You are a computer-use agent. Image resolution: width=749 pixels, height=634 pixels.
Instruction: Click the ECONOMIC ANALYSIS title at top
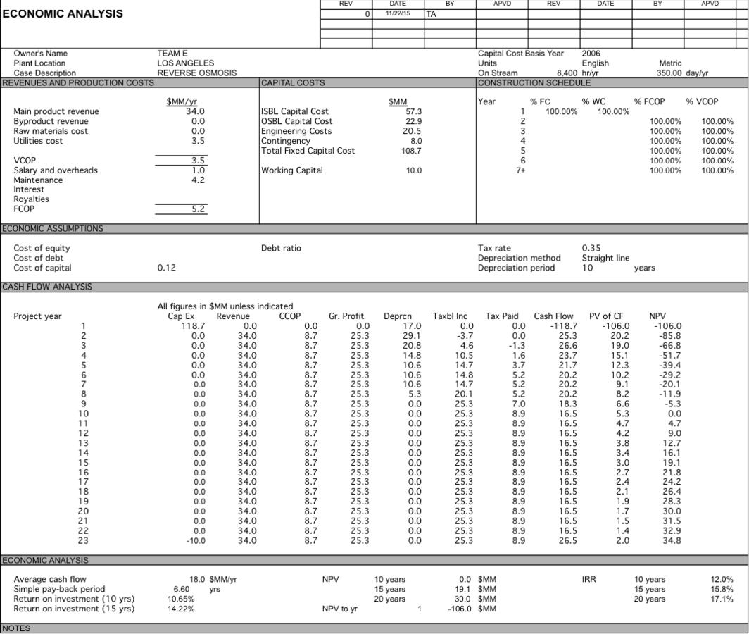[63, 14]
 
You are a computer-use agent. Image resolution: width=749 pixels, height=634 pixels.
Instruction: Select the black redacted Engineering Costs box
[398, 131]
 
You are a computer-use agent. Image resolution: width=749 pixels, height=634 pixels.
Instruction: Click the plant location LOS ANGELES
[185, 63]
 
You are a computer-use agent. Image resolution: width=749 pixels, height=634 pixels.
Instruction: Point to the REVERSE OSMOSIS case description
[196, 73]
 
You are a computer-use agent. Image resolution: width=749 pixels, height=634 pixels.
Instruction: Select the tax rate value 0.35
[592, 248]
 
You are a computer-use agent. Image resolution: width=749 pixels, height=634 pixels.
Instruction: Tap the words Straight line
[605, 258]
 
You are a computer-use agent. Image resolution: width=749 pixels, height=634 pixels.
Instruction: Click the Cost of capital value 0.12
[167, 268]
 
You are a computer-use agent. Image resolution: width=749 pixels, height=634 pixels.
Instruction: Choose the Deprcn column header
[398, 316]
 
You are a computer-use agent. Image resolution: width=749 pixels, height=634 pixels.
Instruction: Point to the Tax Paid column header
[501, 316]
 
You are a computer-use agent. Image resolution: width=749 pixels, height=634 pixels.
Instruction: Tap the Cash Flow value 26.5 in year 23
[567, 540]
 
